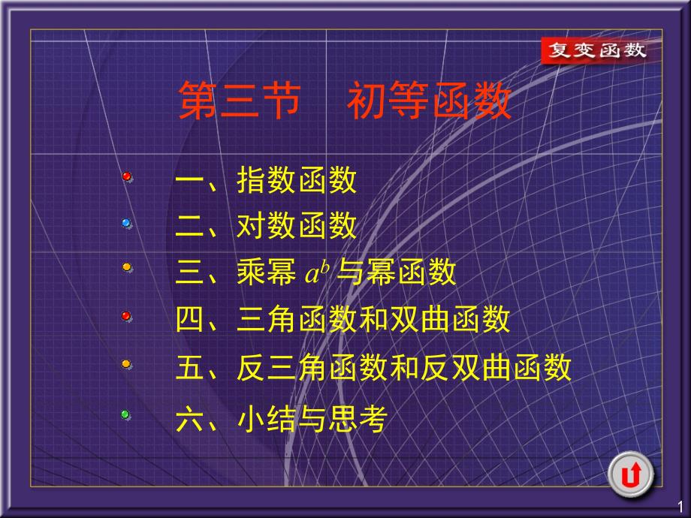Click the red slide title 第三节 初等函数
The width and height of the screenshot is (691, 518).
(x=345, y=101)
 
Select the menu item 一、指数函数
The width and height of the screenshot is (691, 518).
(x=266, y=179)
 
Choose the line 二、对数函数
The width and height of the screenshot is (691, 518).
(x=266, y=225)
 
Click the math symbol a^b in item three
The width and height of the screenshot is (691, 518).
(x=317, y=273)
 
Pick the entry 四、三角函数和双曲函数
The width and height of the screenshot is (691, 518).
(x=342, y=319)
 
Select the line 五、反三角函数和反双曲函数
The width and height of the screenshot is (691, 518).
(x=373, y=367)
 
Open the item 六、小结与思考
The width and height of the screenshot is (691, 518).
(x=282, y=418)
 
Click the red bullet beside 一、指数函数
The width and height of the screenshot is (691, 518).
(x=127, y=176)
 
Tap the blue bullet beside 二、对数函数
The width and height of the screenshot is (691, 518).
(x=126, y=223)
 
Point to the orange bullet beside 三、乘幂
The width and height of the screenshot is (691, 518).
(x=127, y=267)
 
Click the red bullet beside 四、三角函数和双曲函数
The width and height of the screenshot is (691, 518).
(x=126, y=316)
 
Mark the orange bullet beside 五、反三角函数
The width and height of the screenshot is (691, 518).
(x=126, y=364)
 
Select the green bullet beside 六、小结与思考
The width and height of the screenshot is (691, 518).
(x=125, y=414)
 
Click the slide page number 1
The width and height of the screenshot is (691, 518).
(x=680, y=506)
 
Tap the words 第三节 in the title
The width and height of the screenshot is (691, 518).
(x=240, y=101)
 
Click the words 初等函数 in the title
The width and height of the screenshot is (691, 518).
(x=430, y=101)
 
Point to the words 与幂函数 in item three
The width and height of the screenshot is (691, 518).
(x=396, y=272)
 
